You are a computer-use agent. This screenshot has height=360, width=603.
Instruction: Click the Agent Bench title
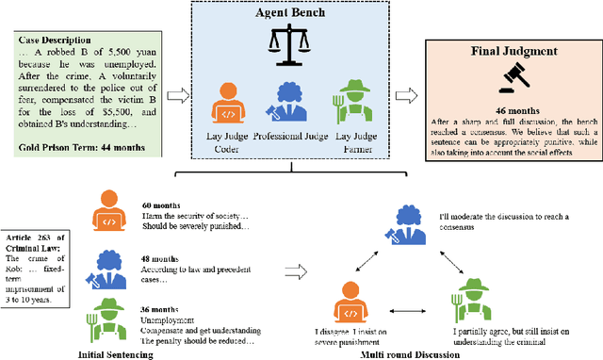click(x=299, y=15)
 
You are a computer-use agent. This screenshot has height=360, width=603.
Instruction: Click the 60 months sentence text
click(x=160, y=204)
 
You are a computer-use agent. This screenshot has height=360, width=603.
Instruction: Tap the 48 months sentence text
click(x=160, y=254)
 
